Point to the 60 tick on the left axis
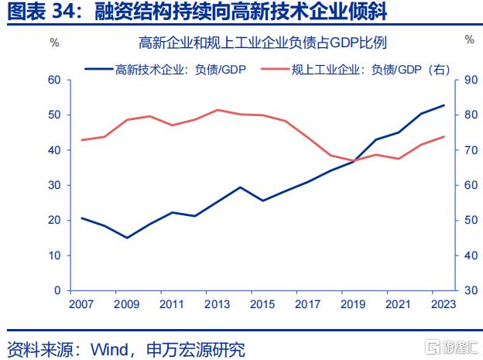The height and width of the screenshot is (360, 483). (x=54, y=80)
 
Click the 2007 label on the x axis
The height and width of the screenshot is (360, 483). (x=81, y=304)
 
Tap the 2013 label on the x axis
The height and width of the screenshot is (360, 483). (x=218, y=304)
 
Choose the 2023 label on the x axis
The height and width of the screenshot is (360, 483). (x=444, y=304)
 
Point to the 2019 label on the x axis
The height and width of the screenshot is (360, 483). (x=353, y=304)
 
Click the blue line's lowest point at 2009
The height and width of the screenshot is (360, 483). (x=127, y=238)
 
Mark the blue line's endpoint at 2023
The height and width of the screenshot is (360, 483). (x=444, y=105)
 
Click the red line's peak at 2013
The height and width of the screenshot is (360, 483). (x=218, y=110)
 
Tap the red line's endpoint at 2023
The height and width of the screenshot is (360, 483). (x=444, y=137)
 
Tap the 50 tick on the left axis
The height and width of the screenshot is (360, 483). (x=54, y=115)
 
